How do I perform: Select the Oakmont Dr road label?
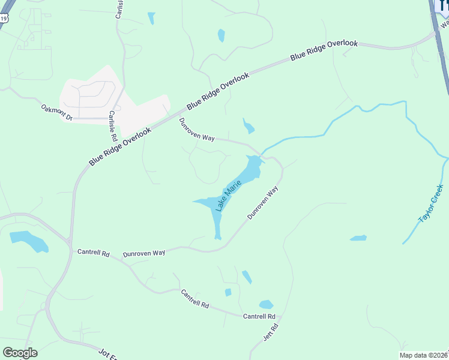[56, 112]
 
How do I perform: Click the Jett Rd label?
[271, 332]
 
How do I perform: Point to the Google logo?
[20, 353]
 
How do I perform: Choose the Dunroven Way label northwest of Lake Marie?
[197, 129]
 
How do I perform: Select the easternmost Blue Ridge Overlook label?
[324, 50]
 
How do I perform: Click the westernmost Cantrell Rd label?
[93, 253]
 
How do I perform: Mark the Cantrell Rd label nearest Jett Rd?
[259, 316]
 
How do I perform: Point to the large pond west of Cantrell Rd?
[29, 241]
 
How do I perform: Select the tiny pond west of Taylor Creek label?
[358, 238]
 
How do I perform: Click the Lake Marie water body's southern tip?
[218, 236]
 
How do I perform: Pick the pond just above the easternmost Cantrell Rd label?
[266, 304]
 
